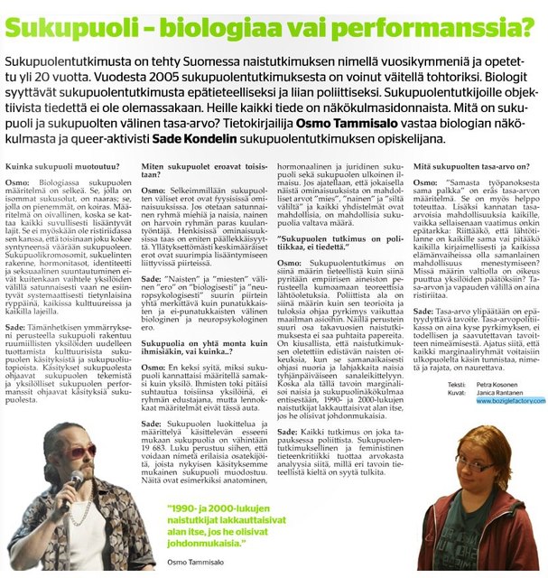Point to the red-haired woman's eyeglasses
click(x=476, y=468)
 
